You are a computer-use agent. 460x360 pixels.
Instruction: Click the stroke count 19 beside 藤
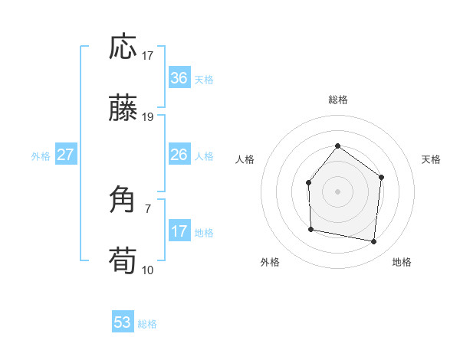tap(148, 117)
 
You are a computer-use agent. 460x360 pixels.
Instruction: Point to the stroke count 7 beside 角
tap(148, 208)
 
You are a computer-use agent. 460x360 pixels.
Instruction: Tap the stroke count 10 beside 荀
tap(148, 270)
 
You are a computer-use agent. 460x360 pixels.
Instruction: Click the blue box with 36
tap(179, 78)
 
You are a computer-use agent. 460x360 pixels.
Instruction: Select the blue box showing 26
tap(179, 155)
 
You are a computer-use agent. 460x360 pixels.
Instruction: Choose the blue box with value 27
tap(65, 155)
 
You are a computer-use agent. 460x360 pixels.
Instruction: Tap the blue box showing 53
tap(123, 322)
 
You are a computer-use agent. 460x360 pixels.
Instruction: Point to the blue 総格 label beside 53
tap(147, 324)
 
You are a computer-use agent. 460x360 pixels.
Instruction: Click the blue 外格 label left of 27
tap(41, 156)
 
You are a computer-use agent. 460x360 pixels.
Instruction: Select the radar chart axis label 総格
tap(338, 100)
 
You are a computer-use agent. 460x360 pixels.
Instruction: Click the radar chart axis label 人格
tap(245, 159)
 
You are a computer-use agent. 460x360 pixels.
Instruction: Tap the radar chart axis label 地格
tap(402, 262)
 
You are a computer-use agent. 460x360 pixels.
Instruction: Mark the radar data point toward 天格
tap(381, 177)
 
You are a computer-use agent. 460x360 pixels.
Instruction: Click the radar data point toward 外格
tap(310, 229)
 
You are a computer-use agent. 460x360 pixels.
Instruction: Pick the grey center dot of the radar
tap(337, 191)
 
